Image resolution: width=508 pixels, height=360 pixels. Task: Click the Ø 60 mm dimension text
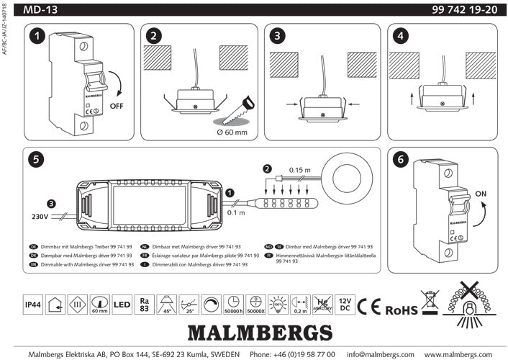[232, 132]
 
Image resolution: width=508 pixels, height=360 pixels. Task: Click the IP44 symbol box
[32, 305]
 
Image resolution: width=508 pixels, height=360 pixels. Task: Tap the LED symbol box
[122, 305]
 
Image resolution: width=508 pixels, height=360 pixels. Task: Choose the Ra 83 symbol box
[145, 305]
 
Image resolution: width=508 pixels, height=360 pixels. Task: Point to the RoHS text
[401, 310]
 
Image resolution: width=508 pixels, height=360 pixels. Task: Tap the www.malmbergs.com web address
[463, 354]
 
